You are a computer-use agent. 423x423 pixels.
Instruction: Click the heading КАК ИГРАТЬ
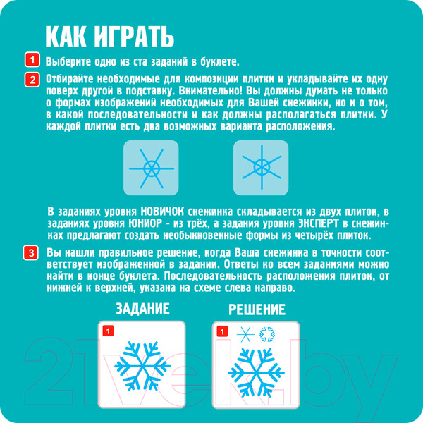click(x=109, y=37)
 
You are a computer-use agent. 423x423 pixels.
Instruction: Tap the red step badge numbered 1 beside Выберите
click(x=32, y=60)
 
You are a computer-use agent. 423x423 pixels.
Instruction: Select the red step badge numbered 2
click(x=32, y=80)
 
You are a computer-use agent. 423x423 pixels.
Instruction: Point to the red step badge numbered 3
click(x=31, y=253)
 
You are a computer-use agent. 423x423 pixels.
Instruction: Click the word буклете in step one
click(x=219, y=62)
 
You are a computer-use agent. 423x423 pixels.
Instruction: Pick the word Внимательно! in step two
click(x=211, y=91)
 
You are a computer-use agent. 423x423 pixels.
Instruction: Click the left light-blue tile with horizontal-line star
click(x=151, y=168)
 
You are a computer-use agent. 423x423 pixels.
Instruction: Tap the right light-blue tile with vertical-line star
click(x=261, y=168)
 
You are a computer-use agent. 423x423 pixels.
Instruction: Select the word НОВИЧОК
click(x=162, y=211)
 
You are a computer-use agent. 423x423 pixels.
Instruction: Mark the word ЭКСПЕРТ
click(x=319, y=223)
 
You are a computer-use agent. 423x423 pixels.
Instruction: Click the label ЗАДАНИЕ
click(x=142, y=309)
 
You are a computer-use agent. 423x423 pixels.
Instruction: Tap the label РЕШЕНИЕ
click(x=257, y=309)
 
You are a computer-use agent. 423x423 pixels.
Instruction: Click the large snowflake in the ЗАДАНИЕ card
click(x=142, y=366)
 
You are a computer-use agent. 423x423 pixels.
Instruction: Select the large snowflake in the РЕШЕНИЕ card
click(x=257, y=373)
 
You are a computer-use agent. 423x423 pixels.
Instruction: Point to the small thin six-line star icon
click(x=245, y=334)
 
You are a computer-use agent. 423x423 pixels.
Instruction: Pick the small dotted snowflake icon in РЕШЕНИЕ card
click(x=267, y=334)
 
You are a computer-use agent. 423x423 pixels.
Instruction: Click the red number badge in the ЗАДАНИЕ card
click(x=108, y=331)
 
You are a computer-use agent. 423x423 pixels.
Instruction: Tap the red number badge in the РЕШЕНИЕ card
click(x=222, y=331)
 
